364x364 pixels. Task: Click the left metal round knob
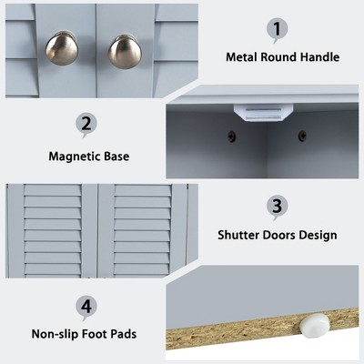(62, 48)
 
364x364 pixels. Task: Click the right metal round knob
(125, 52)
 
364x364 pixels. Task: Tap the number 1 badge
(278, 30)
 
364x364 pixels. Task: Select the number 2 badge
(86, 125)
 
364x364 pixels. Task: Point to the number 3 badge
(278, 207)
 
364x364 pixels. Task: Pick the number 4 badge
(86, 307)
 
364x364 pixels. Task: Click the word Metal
(241, 57)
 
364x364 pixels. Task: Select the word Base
(116, 157)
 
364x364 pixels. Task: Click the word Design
(318, 236)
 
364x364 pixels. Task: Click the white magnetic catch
(263, 113)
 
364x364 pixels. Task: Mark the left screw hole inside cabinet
(232, 136)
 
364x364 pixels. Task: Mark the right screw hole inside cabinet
(302, 136)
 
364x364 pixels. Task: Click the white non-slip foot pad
(314, 325)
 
